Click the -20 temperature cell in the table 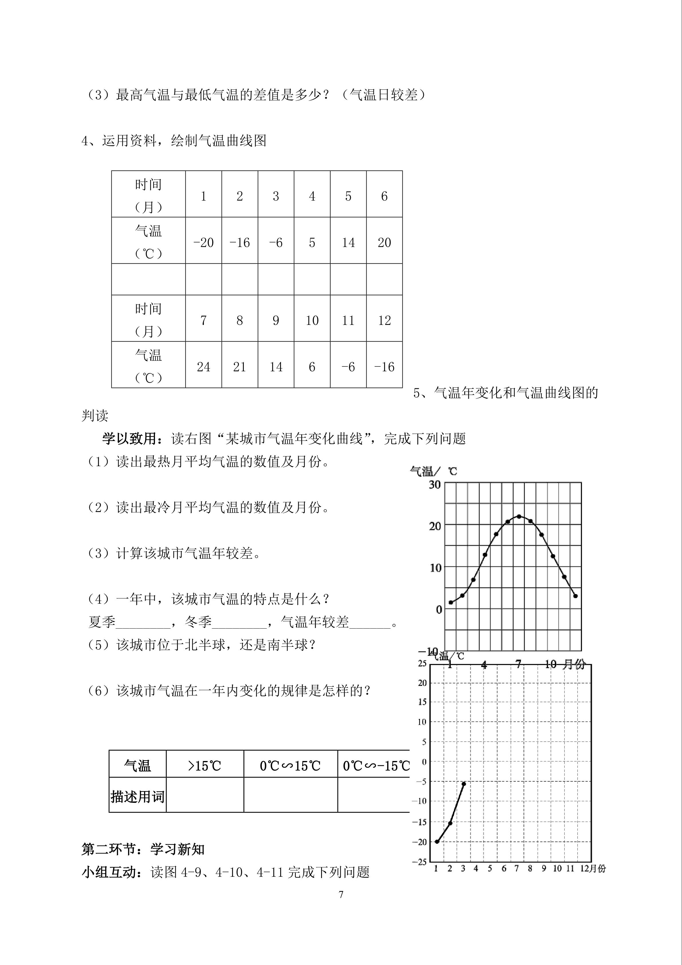coord(203,242)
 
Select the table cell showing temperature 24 coord(203,367)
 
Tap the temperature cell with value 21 coord(239,367)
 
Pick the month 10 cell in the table coord(312,321)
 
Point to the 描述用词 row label coord(137,797)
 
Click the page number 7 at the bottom coord(341,895)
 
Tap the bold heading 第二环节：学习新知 coord(143,850)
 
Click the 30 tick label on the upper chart coord(435,485)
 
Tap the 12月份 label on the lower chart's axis coord(593,869)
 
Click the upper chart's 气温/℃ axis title coord(433,471)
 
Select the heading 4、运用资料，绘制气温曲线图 coord(174,141)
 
